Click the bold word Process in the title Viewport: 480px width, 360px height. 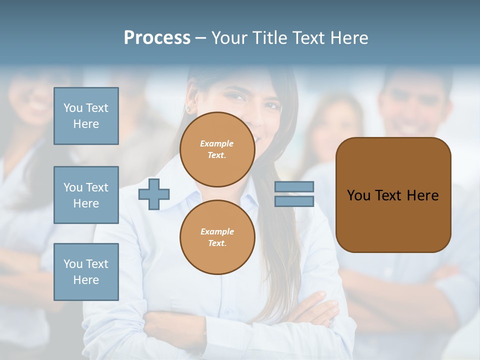[x=157, y=38]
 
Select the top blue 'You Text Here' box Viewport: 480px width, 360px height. [x=86, y=116]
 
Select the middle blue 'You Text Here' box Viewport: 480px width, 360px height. [x=86, y=195]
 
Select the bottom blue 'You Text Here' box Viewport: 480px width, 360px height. [x=86, y=271]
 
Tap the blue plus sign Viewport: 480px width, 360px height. [x=154, y=193]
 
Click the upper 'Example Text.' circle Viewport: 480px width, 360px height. [x=217, y=149]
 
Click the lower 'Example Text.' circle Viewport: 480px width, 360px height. [x=217, y=237]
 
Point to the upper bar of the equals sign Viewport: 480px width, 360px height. [x=294, y=186]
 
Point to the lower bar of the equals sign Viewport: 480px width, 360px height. [x=294, y=201]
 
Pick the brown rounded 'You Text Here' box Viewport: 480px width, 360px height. [x=393, y=195]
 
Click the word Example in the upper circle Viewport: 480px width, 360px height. [x=217, y=143]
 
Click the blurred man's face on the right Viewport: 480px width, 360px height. [x=410, y=105]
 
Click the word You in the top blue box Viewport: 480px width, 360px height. [x=73, y=108]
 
